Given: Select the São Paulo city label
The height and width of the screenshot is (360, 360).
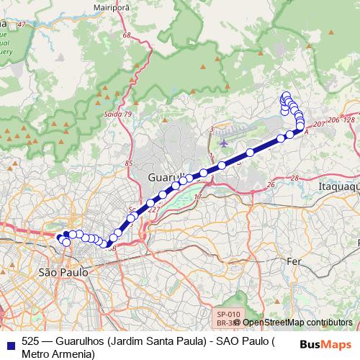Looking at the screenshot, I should [x=63, y=273].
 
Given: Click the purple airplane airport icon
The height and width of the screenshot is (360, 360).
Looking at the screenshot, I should [x=224, y=141].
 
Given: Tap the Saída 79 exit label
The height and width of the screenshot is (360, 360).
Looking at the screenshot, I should [x=119, y=114].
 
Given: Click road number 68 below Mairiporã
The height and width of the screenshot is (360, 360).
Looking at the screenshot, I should [x=127, y=35].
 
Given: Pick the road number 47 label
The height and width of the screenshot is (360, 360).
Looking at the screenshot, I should [x=20, y=25].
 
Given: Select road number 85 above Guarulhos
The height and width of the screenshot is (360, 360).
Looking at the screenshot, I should [x=129, y=163].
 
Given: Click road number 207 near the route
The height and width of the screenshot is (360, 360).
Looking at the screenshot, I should [x=320, y=125].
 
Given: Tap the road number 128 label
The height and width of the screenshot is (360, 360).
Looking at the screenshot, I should [x=349, y=120].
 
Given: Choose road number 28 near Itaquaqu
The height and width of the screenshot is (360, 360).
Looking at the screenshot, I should [x=294, y=177].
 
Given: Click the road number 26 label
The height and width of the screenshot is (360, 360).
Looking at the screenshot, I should [x=271, y=185].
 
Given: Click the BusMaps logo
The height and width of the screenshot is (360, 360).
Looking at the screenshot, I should [x=325, y=343].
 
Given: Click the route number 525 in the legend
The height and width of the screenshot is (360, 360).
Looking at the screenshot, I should [x=31, y=341].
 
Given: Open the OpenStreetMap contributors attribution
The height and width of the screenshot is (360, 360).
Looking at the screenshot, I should [x=297, y=322].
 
